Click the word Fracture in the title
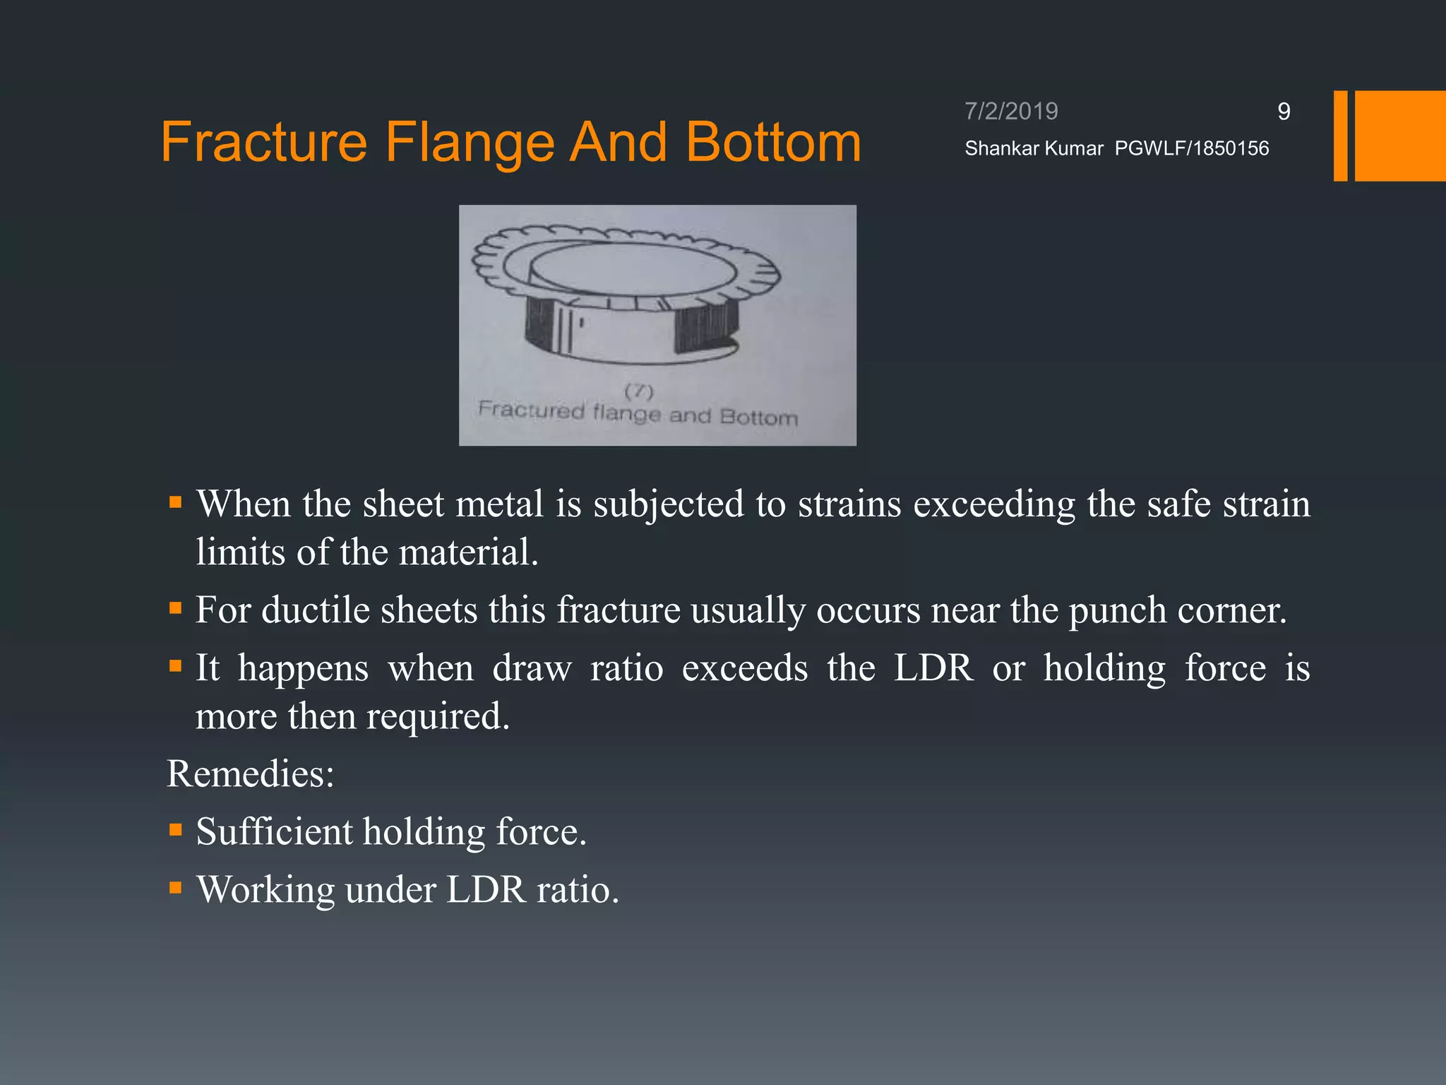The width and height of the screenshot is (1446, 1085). [264, 142]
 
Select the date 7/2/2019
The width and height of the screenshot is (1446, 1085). [1011, 111]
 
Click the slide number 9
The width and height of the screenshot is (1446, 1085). [1284, 111]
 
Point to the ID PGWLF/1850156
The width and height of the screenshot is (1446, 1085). [1192, 148]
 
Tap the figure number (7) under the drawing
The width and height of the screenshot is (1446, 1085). [639, 391]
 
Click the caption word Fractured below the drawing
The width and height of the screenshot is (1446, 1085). [532, 410]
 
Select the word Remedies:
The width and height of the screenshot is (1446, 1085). [250, 773]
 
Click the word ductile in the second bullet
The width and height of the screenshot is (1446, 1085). [316, 610]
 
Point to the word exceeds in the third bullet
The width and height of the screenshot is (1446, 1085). [744, 668]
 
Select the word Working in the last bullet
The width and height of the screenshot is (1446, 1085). [265, 889]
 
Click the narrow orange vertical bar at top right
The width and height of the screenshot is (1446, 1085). [1340, 136]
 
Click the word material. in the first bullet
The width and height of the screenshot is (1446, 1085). [468, 552]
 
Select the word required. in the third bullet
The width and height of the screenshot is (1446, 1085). [438, 716]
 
